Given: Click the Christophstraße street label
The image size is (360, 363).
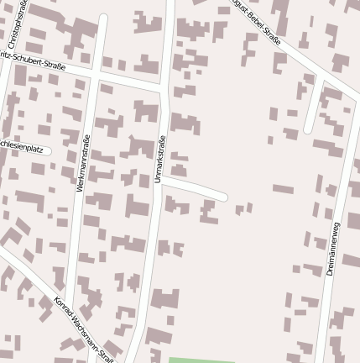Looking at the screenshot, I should (x=14, y=24).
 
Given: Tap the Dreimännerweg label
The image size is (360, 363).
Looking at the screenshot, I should (x=333, y=248).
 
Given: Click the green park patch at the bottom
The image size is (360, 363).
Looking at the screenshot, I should (x=201, y=360).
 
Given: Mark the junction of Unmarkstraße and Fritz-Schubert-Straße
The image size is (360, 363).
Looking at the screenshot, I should (x=164, y=88).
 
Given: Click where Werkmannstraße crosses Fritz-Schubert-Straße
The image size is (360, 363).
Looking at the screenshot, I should (x=97, y=76).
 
